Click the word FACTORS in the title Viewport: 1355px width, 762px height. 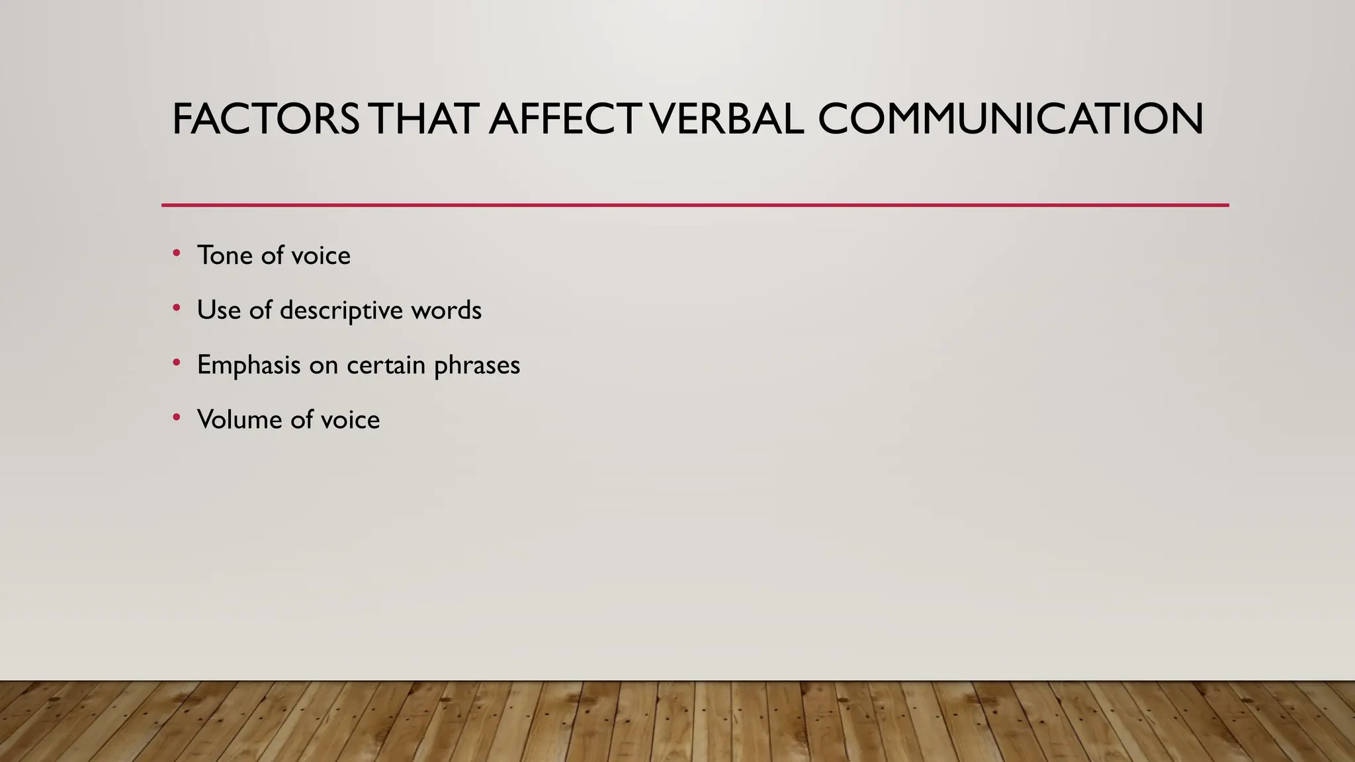(265, 120)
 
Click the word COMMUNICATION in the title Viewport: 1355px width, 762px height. (1010, 120)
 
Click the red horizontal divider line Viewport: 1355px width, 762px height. (695, 205)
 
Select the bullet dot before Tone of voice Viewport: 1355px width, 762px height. (176, 253)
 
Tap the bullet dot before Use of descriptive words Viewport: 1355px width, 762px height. (176, 308)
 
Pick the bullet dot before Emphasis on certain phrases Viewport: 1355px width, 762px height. (176, 363)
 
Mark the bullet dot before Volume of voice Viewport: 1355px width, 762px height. (176, 417)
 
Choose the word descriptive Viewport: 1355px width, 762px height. (341, 311)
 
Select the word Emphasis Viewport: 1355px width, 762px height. (249, 365)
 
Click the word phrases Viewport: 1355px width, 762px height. (478, 365)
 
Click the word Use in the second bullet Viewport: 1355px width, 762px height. (219, 310)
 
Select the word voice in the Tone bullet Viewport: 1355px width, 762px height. (321, 255)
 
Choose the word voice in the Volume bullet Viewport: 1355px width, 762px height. (351, 419)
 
